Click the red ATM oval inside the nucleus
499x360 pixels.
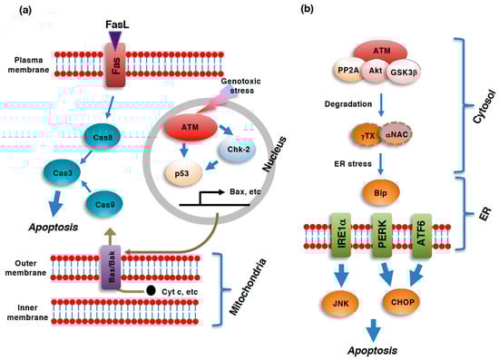click(191, 125)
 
